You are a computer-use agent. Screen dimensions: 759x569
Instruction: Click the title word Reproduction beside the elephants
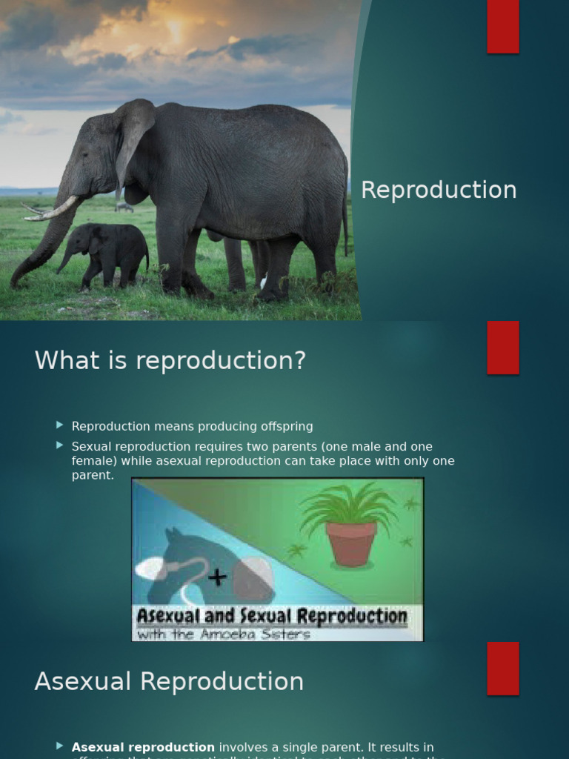[x=439, y=190]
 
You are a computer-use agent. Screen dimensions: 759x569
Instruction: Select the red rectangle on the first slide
[x=503, y=27]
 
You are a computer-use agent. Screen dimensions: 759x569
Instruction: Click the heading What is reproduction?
[x=170, y=361]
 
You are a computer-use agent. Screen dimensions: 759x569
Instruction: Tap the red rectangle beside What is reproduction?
[x=503, y=348]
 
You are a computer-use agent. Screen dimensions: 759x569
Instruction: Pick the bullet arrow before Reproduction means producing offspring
[x=60, y=425]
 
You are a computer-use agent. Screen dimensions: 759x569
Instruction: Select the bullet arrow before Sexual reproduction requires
[x=60, y=445]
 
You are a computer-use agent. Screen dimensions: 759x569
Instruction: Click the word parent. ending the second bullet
[x=93, y=475]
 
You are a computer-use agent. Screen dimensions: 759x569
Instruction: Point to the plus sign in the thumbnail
[x=217, y=577]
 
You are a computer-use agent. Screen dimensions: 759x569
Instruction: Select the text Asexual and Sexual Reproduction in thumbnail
[x=271, y=617]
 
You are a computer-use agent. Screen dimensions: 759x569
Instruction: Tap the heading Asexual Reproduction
[x=169, y=682]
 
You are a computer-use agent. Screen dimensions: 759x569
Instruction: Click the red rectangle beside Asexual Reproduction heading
[x=503, y=669]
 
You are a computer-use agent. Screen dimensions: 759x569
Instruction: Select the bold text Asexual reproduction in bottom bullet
[x=143, y=747]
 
